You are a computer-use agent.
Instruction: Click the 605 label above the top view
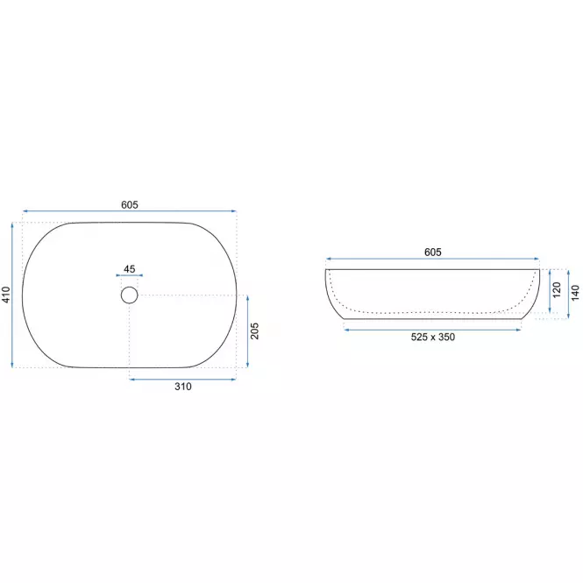click(130, 205)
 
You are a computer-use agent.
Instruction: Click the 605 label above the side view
click(433, 252)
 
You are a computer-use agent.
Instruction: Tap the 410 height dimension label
click(6, 295)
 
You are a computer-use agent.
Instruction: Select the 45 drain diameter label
click(130, 269)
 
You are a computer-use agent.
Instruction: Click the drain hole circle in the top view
click(130, 287)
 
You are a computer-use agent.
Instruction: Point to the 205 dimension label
click(254, 331)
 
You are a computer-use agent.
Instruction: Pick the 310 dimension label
click(183, 387)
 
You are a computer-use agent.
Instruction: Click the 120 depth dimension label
click(556, 290)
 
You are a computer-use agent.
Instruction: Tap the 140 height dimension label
click(575, 293)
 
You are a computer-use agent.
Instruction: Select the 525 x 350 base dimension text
click(433, 337)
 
